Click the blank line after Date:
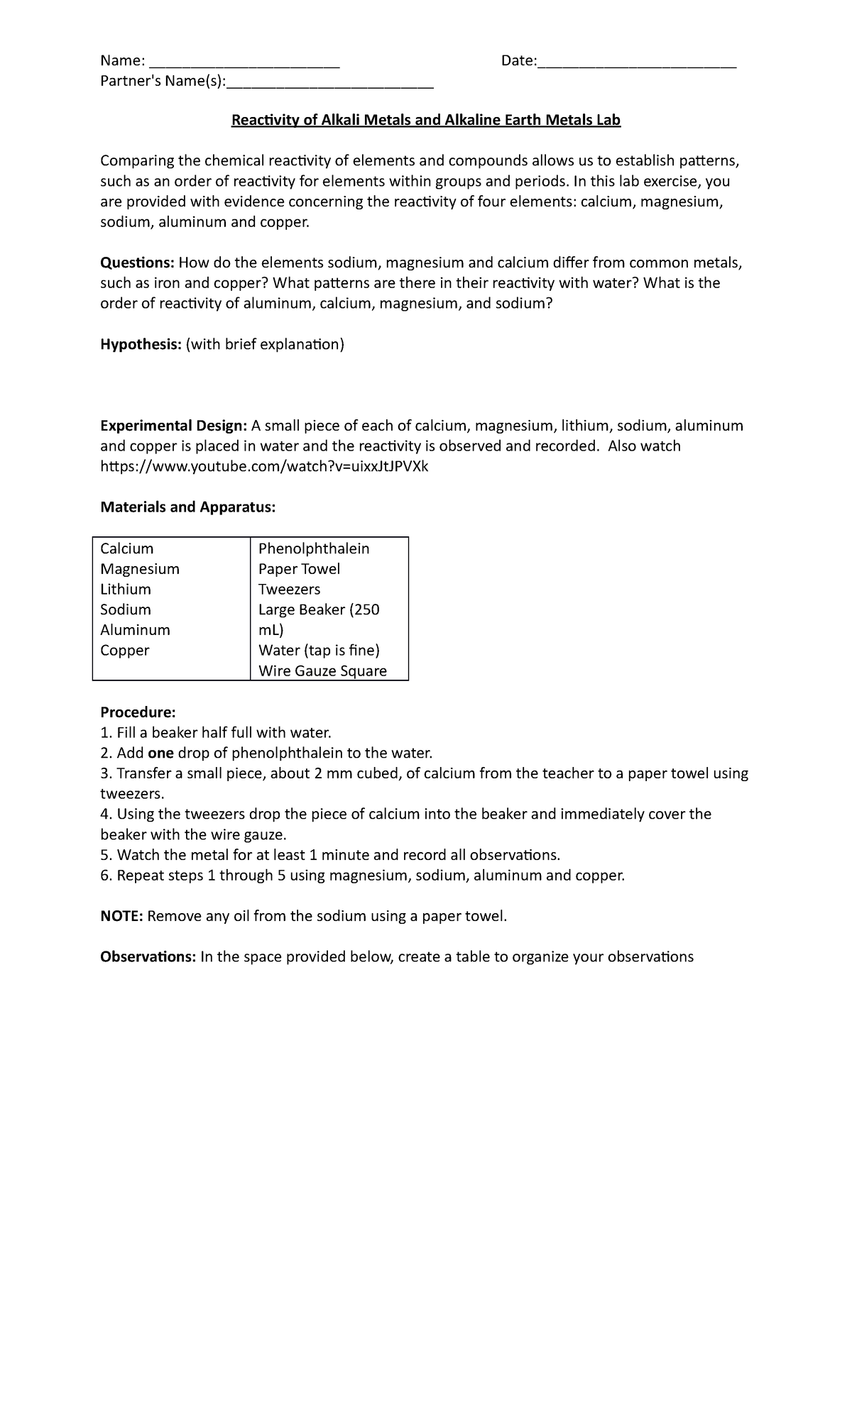[x=637, y=62]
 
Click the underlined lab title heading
[x=426, y=120]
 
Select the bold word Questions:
[x=137, y=263]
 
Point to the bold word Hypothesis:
[x=141, y=345]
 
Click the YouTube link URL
[x=264, y=466]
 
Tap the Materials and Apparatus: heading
[x=187, y=507]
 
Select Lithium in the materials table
[x=126, y=590]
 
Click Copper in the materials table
[x=125, y=651]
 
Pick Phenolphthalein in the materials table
[x=314, y=548]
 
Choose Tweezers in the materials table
[x=289, y=590]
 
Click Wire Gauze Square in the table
[x=322, y=671]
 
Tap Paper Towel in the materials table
[x=299, y=569]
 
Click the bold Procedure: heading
[x=138, y=712]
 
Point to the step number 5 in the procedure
[x=105, y=855]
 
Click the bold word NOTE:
[x=122, y=916]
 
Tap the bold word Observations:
[x=148, y=957]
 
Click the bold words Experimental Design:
[x=173, y=426]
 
